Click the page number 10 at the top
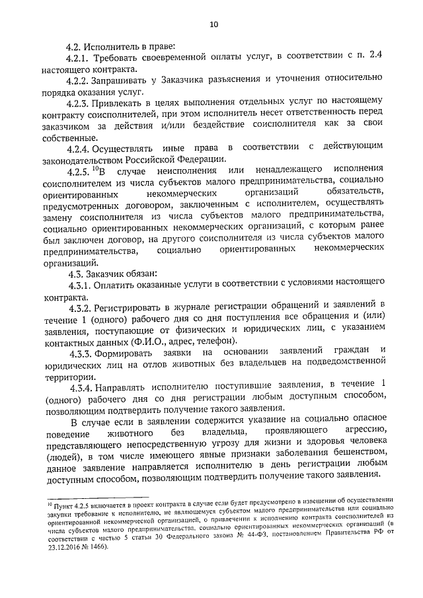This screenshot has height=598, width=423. point(213,25)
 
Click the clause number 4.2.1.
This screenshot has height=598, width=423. point(80,58)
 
